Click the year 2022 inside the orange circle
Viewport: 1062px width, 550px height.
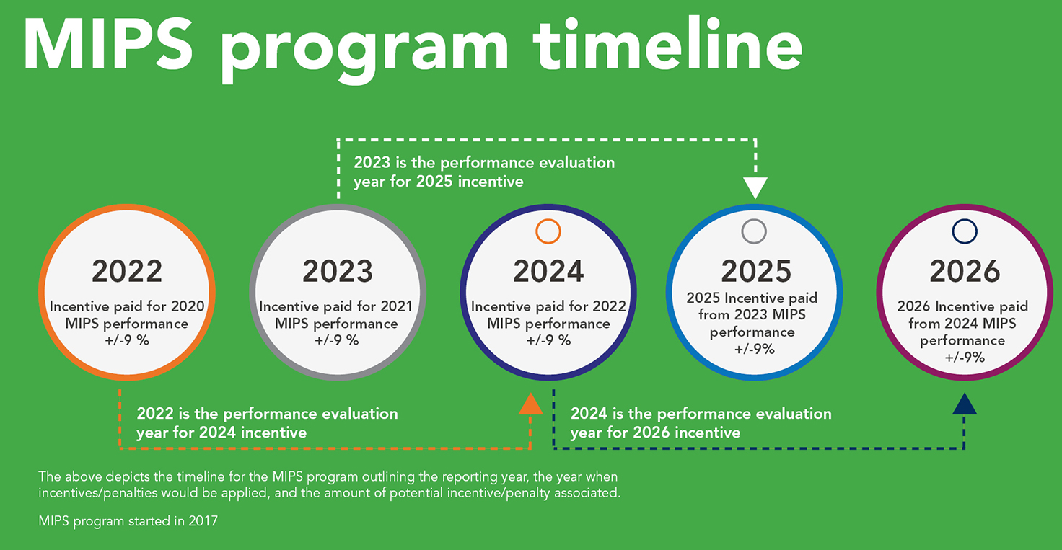click(x=127, y=271)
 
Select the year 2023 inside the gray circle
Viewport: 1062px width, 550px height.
click(x=338, y=271)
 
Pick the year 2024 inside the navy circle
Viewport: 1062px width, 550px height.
click(x=548, y=271)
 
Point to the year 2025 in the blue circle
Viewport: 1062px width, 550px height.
click(x=756, y=271)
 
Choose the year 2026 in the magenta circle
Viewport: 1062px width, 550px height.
click(x=965, y=271)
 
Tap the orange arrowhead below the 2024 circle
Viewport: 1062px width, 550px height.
click(x=530, y=405)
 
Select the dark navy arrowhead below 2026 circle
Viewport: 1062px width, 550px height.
click(x=965, y=404)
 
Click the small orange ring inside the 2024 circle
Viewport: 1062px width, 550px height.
click(x=548, y=231)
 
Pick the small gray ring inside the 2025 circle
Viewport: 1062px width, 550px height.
click(x=754, y=231)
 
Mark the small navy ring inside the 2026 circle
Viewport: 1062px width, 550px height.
click(x=965, y=231)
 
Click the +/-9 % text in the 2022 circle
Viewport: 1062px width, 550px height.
click(x=127, y=340)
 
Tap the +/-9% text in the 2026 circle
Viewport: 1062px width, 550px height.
click(x=965, y=357)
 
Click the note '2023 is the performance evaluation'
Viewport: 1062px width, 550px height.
click(x=484, y=163)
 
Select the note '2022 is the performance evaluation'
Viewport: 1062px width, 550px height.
click(x=267, y=414)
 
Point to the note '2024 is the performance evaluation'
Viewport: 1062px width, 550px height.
click(x=701, y=414)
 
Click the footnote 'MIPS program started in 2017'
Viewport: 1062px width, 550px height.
click(x=128, y=521)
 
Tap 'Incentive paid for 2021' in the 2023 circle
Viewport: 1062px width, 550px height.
click(x=336, y=306)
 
